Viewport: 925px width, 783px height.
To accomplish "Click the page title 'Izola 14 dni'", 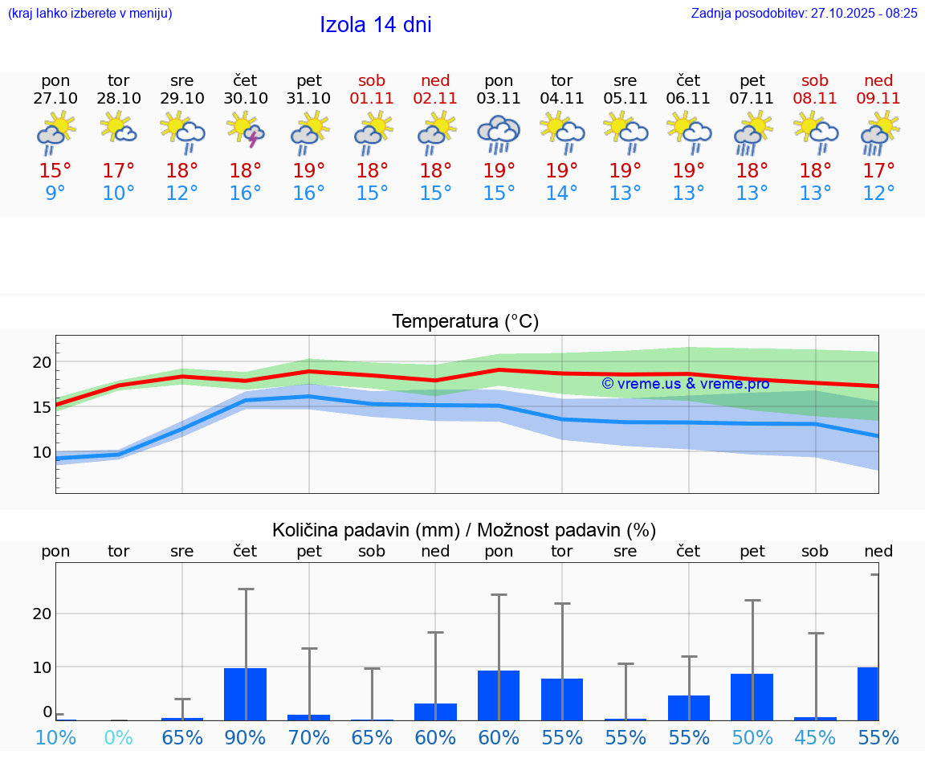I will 375,25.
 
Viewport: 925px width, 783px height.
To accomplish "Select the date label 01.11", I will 372,98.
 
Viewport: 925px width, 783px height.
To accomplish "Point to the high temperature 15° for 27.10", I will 55,171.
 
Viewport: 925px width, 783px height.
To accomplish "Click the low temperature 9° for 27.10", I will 55,194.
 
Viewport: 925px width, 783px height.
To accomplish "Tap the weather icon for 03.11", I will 499,133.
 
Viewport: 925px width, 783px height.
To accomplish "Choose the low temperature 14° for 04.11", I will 562,194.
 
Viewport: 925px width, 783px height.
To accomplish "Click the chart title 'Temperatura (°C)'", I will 465,321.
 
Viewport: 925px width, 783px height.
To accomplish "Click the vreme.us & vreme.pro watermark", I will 685,384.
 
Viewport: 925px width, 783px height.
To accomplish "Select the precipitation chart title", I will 464,530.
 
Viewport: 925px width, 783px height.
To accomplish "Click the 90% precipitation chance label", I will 246,737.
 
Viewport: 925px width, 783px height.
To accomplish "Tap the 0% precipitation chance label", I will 119,737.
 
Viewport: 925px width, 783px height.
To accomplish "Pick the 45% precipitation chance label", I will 815,737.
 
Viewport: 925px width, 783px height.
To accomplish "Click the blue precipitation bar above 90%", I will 246,694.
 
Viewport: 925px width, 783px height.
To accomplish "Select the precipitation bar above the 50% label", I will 752,696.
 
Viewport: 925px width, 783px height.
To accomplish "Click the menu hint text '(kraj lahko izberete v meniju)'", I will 90,13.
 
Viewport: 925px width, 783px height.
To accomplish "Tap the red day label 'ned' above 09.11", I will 878,80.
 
